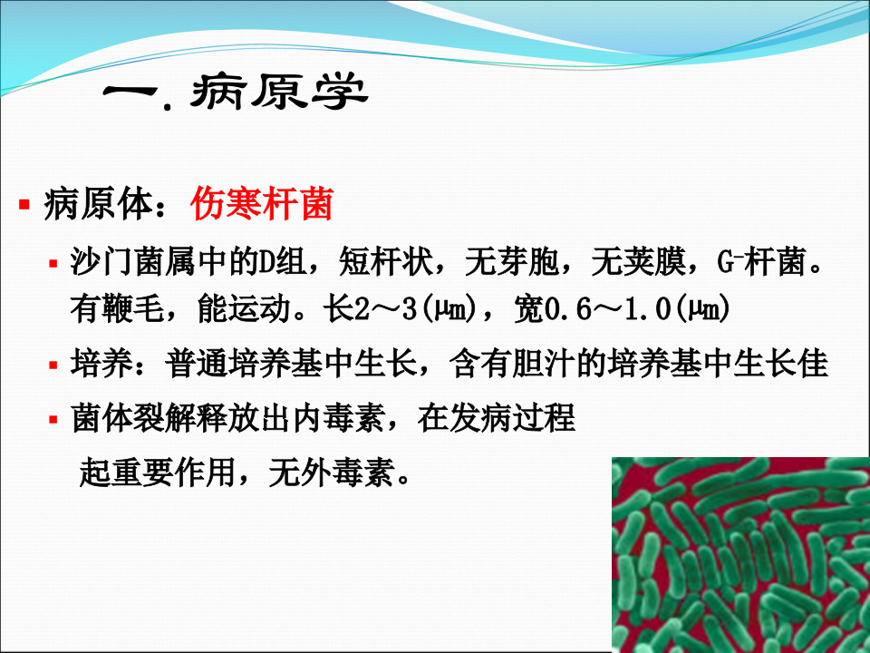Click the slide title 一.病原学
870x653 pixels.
[x=237, y=95]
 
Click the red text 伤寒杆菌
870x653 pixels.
[x=262, y=205]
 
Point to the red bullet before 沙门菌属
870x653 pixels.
[x=54, y=265]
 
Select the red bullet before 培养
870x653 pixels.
[x=54, y=365]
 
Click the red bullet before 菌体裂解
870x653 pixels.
[x=54, y=421]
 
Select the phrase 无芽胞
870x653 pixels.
[x=511, y=266]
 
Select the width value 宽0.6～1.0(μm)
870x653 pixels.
[x=621, y=311]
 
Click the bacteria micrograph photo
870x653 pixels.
[x=739, y=554]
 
